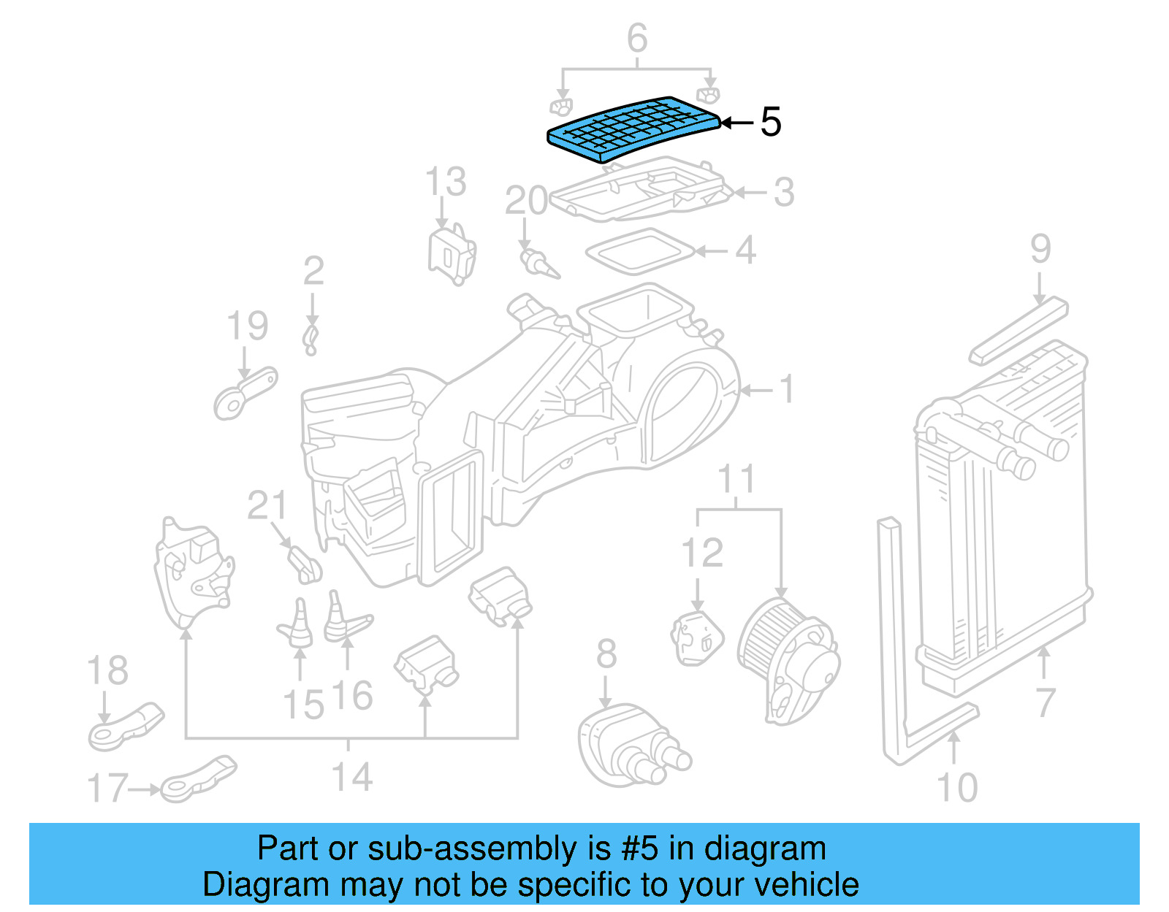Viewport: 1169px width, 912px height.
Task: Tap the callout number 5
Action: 770,122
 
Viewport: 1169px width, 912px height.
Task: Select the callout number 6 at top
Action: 637,38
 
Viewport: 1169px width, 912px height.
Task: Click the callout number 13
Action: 446,182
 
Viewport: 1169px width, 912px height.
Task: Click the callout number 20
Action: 526,201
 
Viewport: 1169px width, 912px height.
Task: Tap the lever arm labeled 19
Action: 245,393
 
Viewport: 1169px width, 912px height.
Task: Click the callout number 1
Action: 786,389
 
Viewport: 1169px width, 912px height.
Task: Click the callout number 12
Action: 701,553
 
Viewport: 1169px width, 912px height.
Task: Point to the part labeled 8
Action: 628,745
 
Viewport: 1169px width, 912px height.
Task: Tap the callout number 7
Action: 1046,702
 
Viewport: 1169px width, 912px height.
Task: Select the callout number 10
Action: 956,788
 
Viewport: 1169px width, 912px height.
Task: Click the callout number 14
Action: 352,777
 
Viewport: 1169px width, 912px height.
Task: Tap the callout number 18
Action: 107,670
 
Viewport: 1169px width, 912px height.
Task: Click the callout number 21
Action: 267,505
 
